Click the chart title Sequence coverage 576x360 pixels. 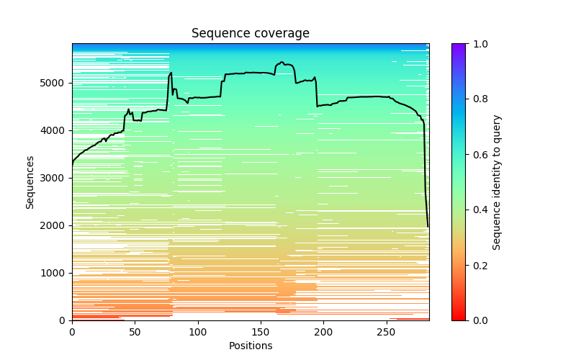(x=250, y=34)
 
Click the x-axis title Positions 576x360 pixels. (x=250, y=346)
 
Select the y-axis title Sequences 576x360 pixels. (x=30, y=181)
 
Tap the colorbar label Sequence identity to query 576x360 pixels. (x=497, y=181)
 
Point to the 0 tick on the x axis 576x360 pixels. (x=72, y=331)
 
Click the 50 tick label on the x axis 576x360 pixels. (x=135, y=331)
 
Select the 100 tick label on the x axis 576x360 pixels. (x=198, y=331)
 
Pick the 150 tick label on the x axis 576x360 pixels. (x=261, y=331)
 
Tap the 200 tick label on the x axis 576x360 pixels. (x=323, y=331)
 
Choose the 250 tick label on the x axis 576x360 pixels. (x=387, y=331)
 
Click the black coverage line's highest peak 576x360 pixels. (x=282, y=63)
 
